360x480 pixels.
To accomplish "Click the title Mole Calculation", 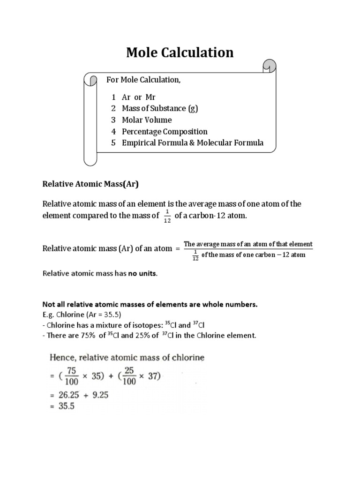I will click(x=180, y=52).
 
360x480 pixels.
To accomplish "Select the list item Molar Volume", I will click(x=147, y=120).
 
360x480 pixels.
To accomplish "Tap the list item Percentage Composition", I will click(x=165, y=132).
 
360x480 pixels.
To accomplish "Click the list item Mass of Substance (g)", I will click(x=160, y=109).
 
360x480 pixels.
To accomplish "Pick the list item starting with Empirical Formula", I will click(x=193, y=143).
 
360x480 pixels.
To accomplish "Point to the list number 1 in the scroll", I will click(x=113, y=97).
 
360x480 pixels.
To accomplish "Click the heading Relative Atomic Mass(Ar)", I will click(x=91, y=185).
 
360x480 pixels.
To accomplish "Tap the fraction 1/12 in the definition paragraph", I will click(x=167, y=217).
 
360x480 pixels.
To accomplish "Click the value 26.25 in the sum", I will click(x=68, y=395).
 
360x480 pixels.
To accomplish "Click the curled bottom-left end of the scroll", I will click(x=90, y=160).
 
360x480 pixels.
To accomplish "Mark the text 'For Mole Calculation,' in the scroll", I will click(x=143, y=80).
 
